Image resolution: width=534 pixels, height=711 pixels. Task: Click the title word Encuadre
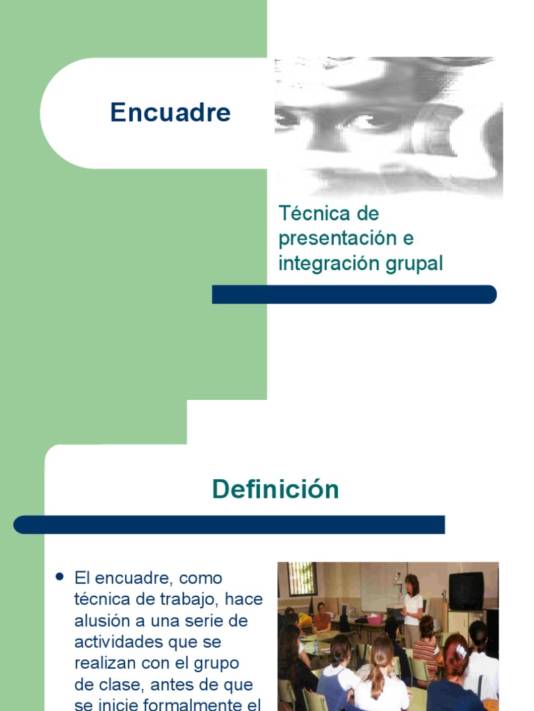click(170, 112)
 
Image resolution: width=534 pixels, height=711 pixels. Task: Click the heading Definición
click(275, 490)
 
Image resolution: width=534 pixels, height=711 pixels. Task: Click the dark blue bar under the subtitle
click(354, 294)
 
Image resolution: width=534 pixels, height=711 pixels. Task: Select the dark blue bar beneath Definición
click(229, 524)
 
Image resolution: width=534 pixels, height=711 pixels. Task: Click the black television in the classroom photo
click(466, 591)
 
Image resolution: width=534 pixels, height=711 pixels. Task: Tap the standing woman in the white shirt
click(412, 605)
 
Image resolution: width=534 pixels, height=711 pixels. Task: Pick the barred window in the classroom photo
click(302, 578)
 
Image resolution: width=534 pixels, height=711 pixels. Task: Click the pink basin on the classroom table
click(375, 619)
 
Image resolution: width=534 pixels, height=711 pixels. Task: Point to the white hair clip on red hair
click(461, 651)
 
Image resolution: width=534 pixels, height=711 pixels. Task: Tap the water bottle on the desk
click(316, 646)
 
